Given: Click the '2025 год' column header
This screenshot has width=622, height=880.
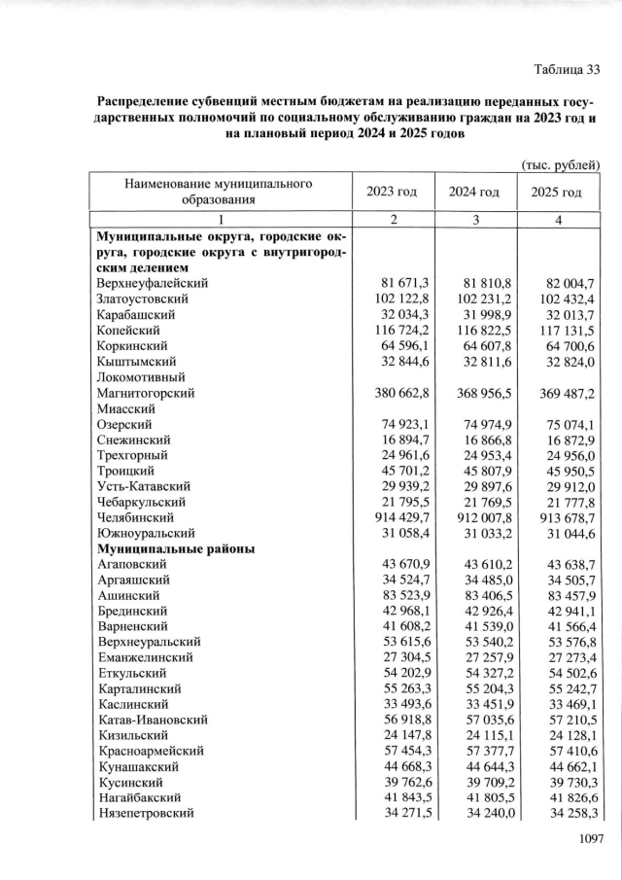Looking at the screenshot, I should click(x=558, y=191).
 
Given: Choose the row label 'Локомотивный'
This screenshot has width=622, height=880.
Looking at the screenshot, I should click(x=138, y=376).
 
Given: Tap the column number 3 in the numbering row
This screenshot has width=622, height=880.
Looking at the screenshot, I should click(x=474, y=220).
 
